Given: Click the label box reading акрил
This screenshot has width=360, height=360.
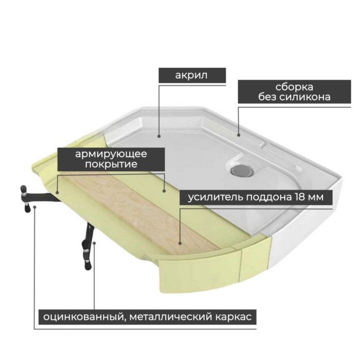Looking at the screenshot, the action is click(192, 75).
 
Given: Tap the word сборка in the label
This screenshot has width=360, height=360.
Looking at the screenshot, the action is click(294, 87).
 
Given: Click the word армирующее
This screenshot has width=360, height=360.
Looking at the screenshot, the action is click(111, 154).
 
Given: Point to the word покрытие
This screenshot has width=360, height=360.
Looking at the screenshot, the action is click(111, 164).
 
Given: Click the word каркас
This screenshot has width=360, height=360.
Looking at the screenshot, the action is click(233, 317).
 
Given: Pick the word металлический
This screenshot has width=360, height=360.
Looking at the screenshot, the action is click(171, 317).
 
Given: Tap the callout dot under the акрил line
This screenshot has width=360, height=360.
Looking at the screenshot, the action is click(159, 136).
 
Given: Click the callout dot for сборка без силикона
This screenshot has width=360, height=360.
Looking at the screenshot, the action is click(239, 135).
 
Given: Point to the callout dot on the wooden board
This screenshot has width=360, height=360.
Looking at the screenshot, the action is click(180, 243).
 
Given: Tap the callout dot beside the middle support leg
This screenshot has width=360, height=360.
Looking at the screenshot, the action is click(94, 243).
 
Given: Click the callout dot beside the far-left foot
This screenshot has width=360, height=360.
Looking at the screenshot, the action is click(34, 207).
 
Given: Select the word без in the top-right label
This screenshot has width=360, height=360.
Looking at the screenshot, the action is click(267, 97).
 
